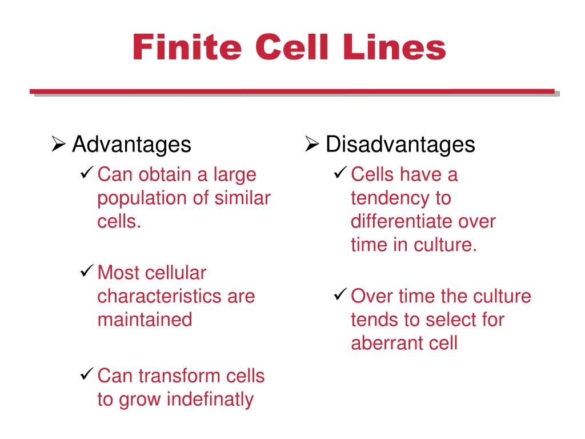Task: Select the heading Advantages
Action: click(x=131, y=145)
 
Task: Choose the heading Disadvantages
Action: click(x=400, y=145)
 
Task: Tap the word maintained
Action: click(x=145, y=320)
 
